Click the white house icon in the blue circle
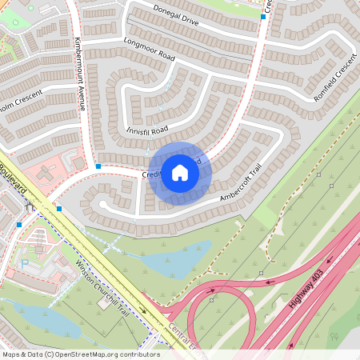click(x=180, y=172)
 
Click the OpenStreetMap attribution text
click(x=81, y=354)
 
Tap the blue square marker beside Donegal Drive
click(x=263, y=15)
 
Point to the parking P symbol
click(x=25, y=262)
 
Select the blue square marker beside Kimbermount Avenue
click(x=98, y=166)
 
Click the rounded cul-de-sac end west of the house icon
click(x=102, y=206)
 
